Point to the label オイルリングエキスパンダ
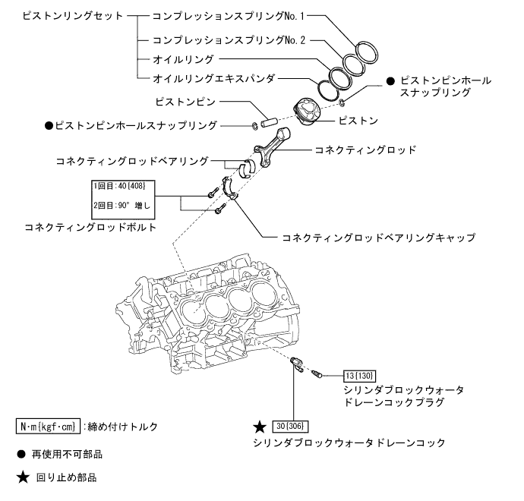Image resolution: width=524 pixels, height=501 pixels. click(214, 77)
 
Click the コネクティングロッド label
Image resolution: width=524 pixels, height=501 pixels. click(365, 150)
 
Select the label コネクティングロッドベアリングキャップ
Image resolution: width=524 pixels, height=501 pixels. click(378, 238)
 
